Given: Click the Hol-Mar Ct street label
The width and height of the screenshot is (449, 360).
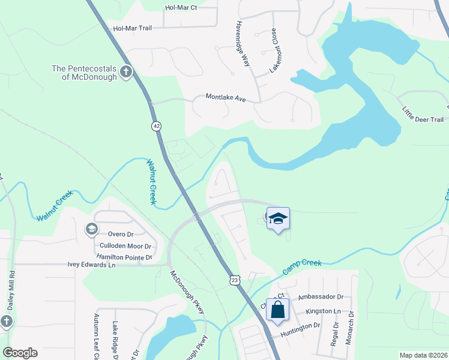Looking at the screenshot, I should tap(181, 8).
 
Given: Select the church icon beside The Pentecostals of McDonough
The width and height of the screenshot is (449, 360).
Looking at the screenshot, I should tap(126, 73).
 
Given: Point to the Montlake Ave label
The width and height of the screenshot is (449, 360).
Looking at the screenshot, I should tap(226, 97).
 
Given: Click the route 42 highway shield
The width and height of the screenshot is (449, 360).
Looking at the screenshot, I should tap(157, 126).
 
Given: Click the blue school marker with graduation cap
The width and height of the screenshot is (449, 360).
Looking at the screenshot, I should tap(278, 218).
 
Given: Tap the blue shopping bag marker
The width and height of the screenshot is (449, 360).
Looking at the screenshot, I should tap(277, 310).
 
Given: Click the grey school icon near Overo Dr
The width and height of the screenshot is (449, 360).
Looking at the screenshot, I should tap(91, 229).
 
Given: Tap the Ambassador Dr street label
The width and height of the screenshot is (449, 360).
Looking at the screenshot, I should tap(320, 297).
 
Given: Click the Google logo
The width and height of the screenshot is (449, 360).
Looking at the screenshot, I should tap(20, 353).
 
